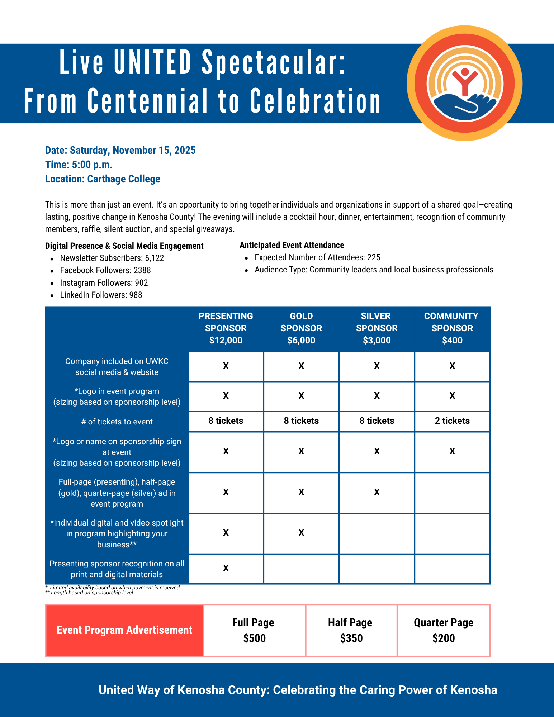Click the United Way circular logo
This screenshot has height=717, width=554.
[x=464, y=83]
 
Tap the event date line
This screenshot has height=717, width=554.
[x=120, y=150]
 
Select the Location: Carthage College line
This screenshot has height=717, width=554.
[x=103, y=179]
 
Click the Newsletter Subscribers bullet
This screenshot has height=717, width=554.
[x=112, y=258]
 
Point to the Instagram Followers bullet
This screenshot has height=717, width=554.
[x=104, y=283]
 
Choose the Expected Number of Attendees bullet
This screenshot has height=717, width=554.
[x=317, y=257]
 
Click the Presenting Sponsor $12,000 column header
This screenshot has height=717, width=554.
[x=226, y=328]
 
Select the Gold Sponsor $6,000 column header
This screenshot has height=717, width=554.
[x=301, y=328]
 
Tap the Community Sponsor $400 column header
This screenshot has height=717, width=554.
[x=452, y=328]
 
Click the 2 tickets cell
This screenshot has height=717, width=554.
[x=452, y=421]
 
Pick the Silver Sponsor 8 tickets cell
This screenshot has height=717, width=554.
[x=377, y=421]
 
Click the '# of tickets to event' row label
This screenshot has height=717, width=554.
[x=117, y=422]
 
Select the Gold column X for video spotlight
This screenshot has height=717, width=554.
[x=301, y=533]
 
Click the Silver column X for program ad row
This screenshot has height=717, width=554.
[x=377, y=492]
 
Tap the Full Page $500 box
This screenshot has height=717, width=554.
[x=254, y=630]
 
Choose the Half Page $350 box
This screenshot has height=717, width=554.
[x=351, y=630]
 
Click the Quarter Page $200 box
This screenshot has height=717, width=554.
[x=444, y=630]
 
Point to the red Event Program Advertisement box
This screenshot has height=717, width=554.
[x=124, y=630]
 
